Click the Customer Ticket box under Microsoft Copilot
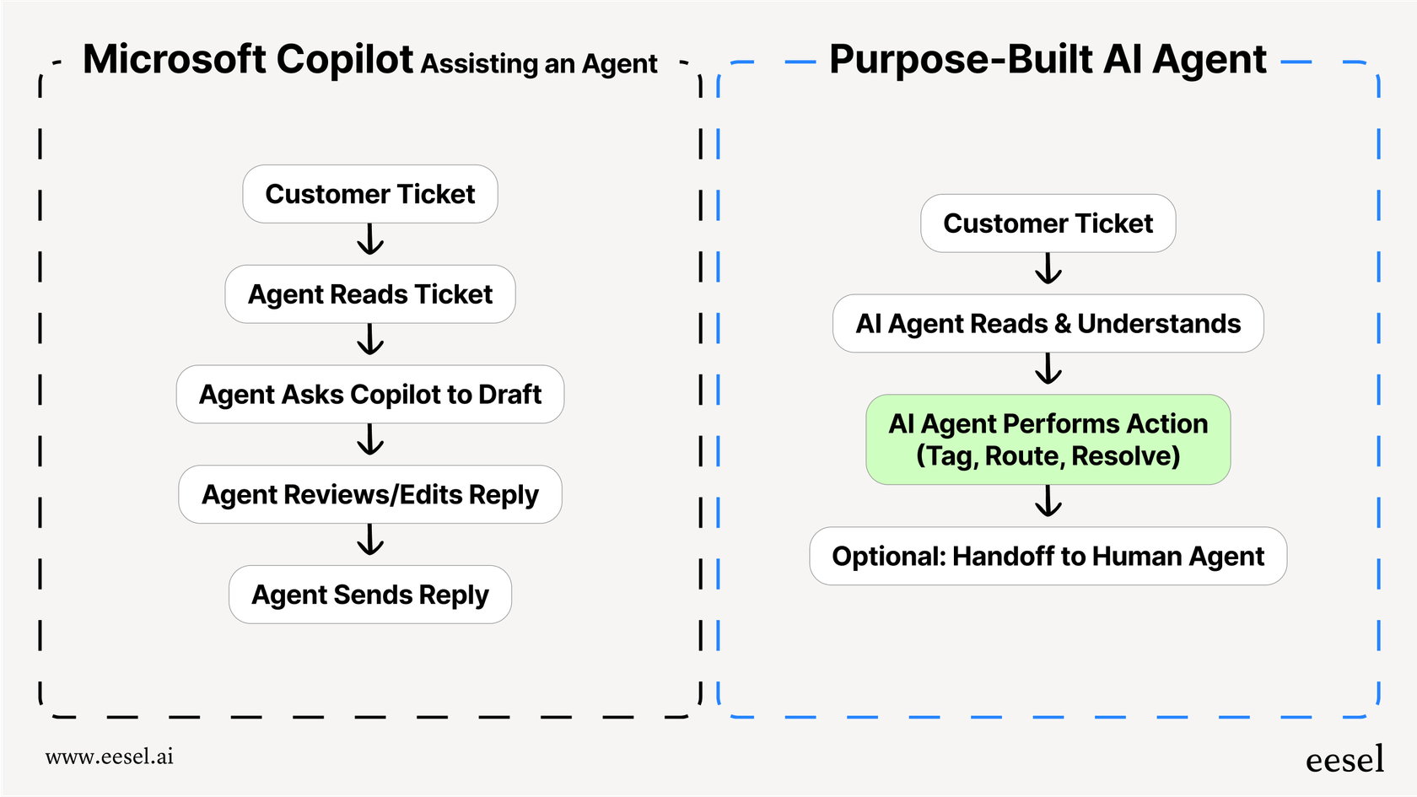[x=369, y=194]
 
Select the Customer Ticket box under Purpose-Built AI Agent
[x=1048, y=223]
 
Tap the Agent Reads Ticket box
[x=369, y=294]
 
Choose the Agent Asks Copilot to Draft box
[x=369, y=394]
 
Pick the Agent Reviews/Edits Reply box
[x=369, y=494]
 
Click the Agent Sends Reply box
[x=369, y=595]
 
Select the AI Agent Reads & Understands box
[x=1048, y=324]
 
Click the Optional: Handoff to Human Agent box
[x=1048, y=557]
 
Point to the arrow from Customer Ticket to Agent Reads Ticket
[x=370, y=240]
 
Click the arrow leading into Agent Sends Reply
[x=370, y=541]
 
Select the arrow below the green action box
[x=1048, y=502]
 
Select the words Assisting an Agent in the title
[x=539, y=64]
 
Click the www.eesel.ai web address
[x=110, y=757]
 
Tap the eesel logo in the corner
[x=1344, y=759]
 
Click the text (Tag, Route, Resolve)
[x=1048, y=456]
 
